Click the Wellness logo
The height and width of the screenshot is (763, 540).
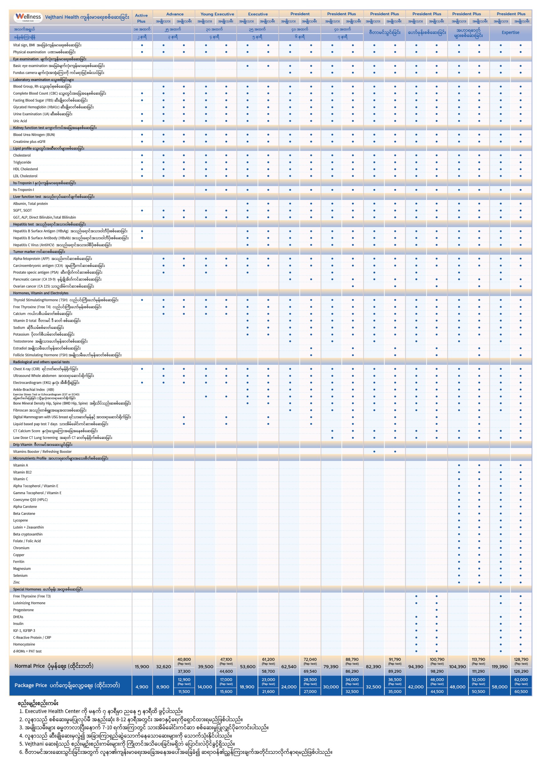[29, 17]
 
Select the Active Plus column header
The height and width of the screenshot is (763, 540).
[141, 18]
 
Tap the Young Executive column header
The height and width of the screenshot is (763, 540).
[217, 14]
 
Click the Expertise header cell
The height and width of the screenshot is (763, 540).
[510, 33]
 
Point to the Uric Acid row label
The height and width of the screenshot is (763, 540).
[20, 121]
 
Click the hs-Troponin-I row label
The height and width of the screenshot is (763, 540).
[23, 190]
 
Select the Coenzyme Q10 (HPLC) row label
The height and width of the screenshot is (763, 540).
[30, 499]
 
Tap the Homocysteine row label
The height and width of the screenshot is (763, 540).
[24, 644]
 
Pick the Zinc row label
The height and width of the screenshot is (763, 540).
[16, 582]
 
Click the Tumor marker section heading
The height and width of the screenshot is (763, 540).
[39, 252]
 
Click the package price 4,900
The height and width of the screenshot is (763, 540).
[142, 687]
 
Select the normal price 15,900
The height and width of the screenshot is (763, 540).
[142, 666]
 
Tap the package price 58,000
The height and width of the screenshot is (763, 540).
[500, 687]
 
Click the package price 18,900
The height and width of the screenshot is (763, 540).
[247, 687]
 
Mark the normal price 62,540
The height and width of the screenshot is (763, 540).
[289, 666]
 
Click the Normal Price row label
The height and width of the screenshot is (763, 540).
[54, 666]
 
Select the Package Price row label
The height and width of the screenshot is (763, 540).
[67, 685]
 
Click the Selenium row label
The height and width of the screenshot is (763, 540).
[20, 575]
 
